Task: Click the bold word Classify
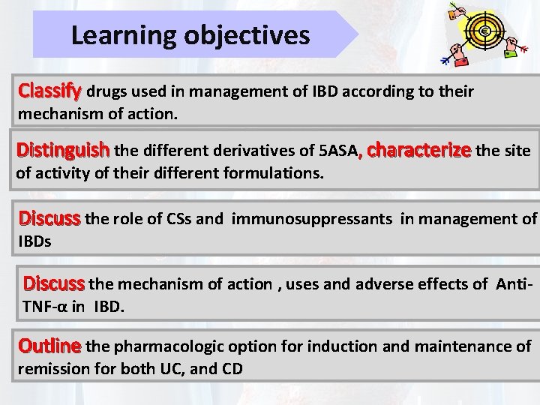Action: click(x=49, y=91)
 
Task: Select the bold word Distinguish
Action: click(x=64, y=150)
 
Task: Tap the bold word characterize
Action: click(x=418, y=149)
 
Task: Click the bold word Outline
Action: click(x=49, y=346)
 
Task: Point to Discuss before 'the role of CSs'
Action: click(x=49, y=219)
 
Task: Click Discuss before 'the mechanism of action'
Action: click(x=54, y=283)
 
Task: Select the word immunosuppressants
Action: click(x=312, y=219)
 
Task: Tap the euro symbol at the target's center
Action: click(x=484, y=31)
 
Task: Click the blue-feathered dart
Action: click(x=449, y=57)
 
